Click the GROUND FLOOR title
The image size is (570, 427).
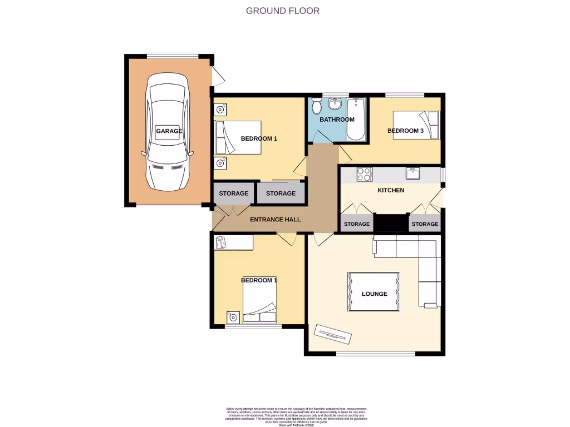click(x=283, y=11)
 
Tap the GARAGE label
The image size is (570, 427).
click(x=169, y=131)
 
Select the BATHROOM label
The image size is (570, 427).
click(x=337, y=120)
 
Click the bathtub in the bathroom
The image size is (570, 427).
click(x=355, y=119)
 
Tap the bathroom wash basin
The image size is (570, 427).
click(x=335, y=103)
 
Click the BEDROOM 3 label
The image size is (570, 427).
click(x=405, y=131)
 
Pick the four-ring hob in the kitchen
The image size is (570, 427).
click(x=364, y=175)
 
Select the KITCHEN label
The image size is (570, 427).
click(x=391, y=190)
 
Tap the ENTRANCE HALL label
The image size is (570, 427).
click(x=275, y=220)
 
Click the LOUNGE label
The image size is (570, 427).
click(x=374, y=294)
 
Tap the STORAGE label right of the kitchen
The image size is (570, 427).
click(x=425, y=224)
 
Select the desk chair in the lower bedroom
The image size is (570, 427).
click(x=220, y=241)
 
